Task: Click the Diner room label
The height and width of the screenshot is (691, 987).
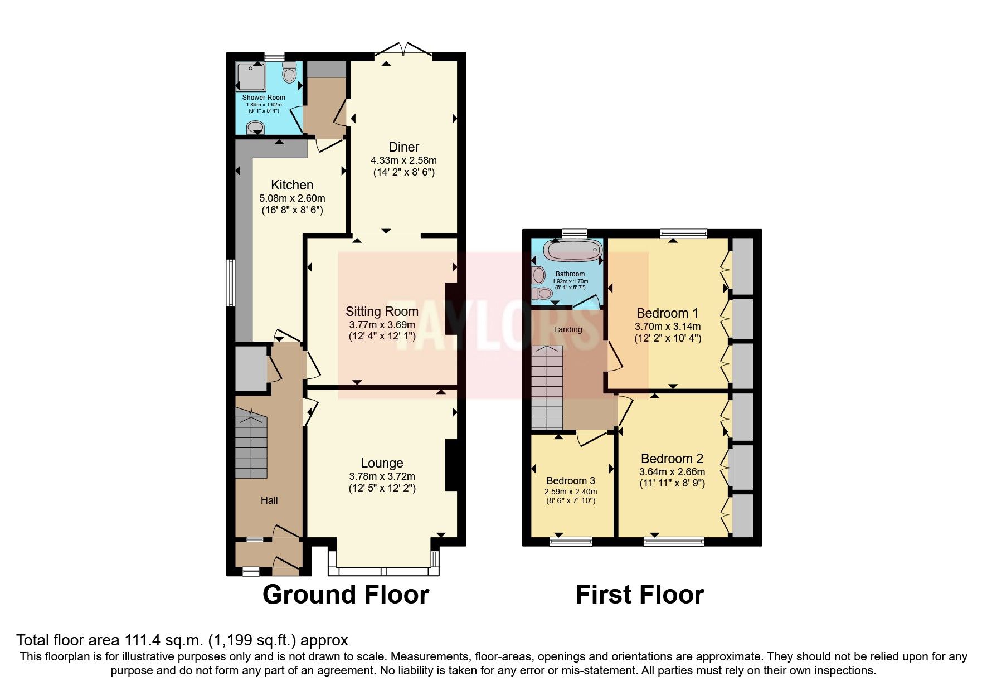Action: tap(403, 147)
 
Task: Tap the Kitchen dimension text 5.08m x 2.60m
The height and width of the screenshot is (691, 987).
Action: tap(292, 198)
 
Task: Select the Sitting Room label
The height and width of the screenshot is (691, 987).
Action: tap(382, 312)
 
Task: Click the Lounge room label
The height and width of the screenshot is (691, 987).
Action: tap(382, 463)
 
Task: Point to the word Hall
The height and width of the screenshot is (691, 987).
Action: tap(269, 500)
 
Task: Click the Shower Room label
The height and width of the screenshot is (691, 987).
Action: tap(264, 98)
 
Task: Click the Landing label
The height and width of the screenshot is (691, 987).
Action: tap(567, 329)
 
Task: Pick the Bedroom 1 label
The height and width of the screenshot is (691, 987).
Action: tap(667, 313)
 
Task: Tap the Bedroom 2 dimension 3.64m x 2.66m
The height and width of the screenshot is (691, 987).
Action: tap(672, 472)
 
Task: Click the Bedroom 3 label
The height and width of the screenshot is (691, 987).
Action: tap(570, 481)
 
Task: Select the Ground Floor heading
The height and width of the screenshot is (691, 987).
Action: tap(346, 595)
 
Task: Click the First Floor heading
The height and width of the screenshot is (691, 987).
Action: tap(639, 595)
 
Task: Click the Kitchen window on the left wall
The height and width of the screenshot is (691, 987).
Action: tap(229, 283)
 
